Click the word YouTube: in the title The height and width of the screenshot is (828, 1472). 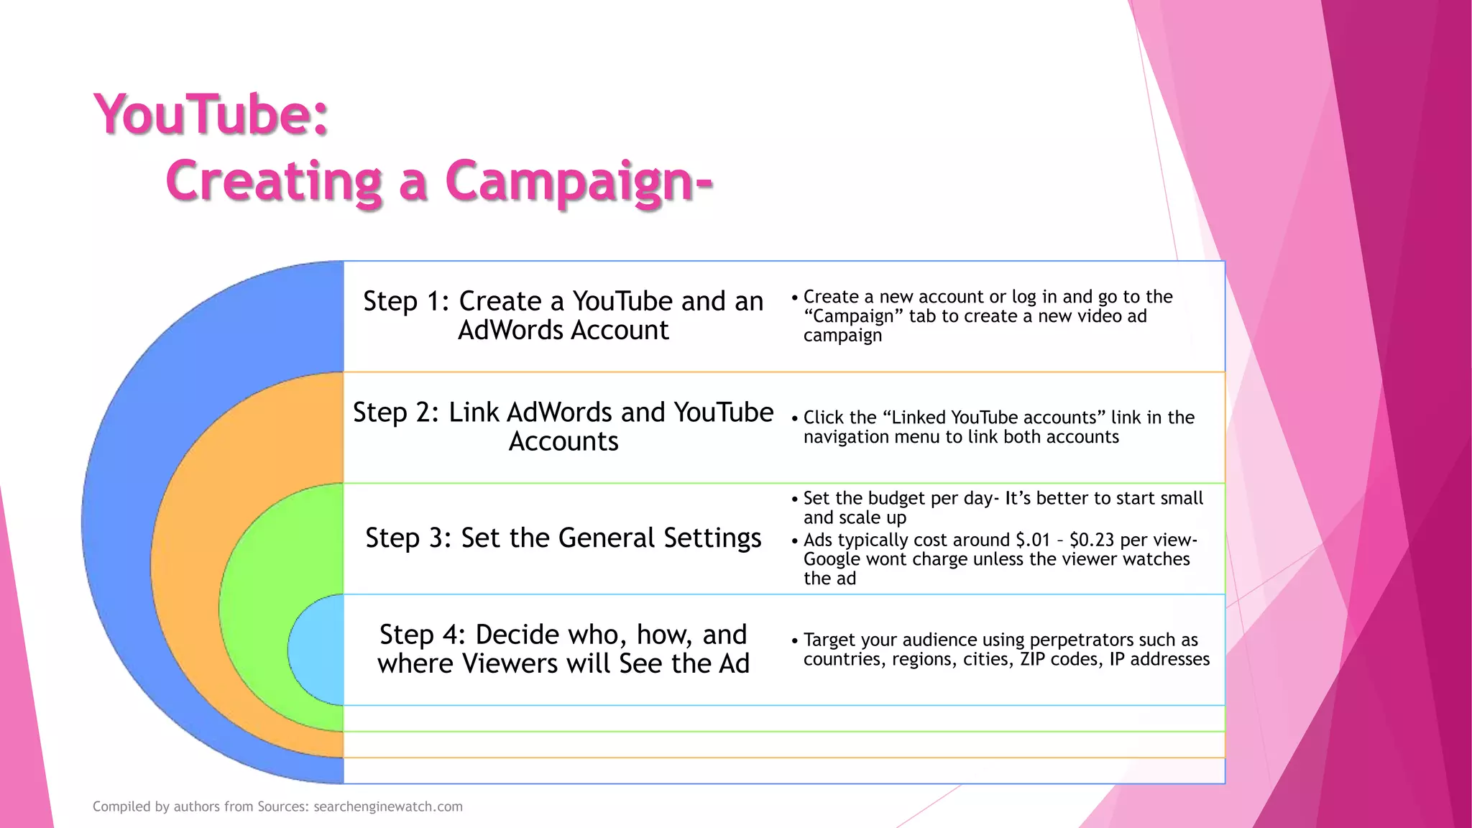tap(211, 115)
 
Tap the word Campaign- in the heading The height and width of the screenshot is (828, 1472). tap(579, 181)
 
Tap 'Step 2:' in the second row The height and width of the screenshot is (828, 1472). tap(396, 413)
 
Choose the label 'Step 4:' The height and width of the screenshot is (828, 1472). tap(423, 635)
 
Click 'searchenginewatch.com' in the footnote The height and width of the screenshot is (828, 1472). tap(388, 806)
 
